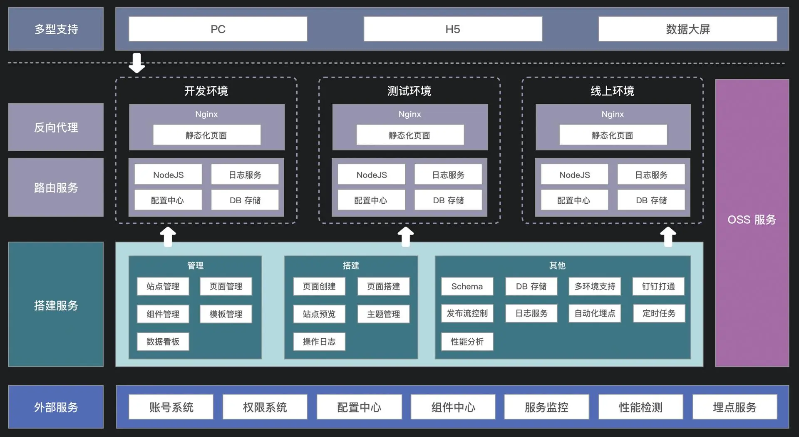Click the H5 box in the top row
pyautogui.click(x=453, y=29)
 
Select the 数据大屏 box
pyautogui.click(x=687, y=29)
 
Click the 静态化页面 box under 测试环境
pyautogui.click(x=410, y=135)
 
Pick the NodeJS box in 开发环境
pyautogui.click(x=168, y=175)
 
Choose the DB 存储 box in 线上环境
pyautogui.click(x=651, y=200)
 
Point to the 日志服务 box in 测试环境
pyautogui.click(x=448, y=175)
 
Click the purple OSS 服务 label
pyautogui.click(x=752, y=220)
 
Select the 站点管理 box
pyautogui.click(x=163, y=286)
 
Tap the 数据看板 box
pyautogui.click(x=163, y=342)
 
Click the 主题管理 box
pyautogui.click(x=383, y=314)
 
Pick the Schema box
pyautogui.click(x=467, y=286)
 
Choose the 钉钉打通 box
pyautogui.click(x=658, y=286)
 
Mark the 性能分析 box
pyautogui.click(x=467, y=342)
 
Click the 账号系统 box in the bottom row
pyautogui.click(x=171, y=407)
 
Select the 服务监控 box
pyautogui.click(x=546, y=407)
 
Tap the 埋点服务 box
pyautogui.click(x=734, y=407)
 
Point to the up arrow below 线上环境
pyautogui.click(x=668, y=237)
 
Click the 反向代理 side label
pyautogui.click(x=56, y=127)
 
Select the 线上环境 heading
pyautogui.click(x=612, y=91)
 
